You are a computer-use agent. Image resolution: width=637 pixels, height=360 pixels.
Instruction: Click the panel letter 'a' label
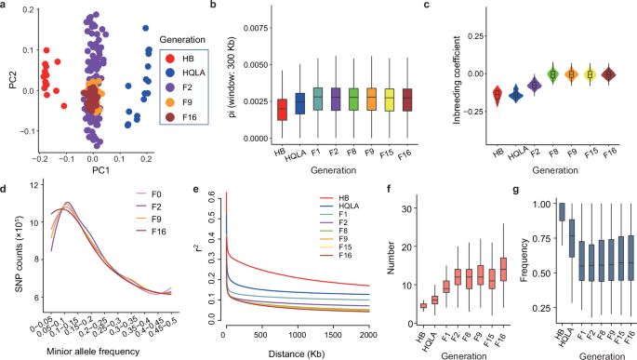[5, 7]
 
